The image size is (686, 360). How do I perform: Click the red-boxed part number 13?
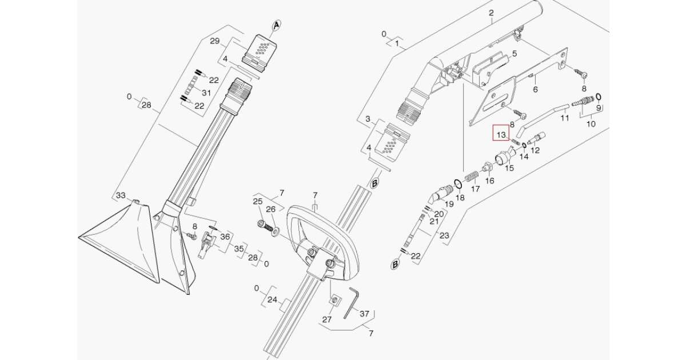pyautogui.click(x=501, y=135)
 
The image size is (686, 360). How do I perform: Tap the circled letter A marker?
pyautogui.click(x=276, y=25)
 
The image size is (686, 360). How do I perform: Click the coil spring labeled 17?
pyautogui.click(x=472, y=175)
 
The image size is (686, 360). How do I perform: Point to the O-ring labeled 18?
pyautogui.click(x=458, y=183)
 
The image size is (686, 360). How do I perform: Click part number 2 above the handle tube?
pyautogui.click(x=490, y=13)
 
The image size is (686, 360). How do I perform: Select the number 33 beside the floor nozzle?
pyautogui.click(x=121, y=195)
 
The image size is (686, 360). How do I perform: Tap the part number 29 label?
pyautogui.click(x=215, y=41)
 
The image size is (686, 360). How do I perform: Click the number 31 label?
pyautogui.click(x=206, y=93)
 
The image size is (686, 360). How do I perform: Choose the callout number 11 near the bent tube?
pyautogui.click(x=564, y=118)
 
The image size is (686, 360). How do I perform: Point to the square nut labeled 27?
pyautogui.click(x=335, y=300)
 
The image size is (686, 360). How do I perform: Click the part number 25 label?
pyautogui.click(x=258, y=202)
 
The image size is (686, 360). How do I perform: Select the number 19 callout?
pyautogui.click(x=449, y=203)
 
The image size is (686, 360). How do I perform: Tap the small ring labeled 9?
pyautogui.click(x=598, y=96)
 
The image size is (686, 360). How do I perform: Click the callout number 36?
pyautogui.click(x=225, y=237)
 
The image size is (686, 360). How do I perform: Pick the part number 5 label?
pyautogui.click(x=514, y=54)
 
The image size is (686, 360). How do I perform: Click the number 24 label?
pyautogui.click(x=272, y=299)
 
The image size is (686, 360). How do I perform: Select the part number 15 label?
pyautogui.click(x=508, y=168)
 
